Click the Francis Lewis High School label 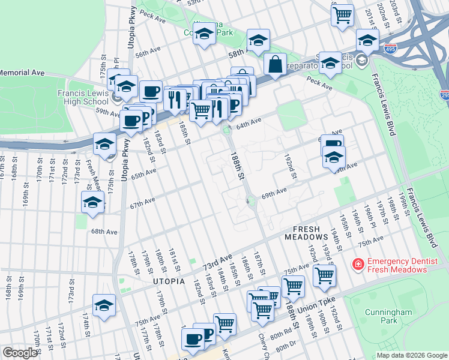click(83, 97)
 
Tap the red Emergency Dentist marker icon click(358, 264)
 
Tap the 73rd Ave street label click(217, 262)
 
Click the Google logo click(20, 353)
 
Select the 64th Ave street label click(249, 123)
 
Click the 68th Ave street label click(104, 231)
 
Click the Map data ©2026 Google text click(411, 355)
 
